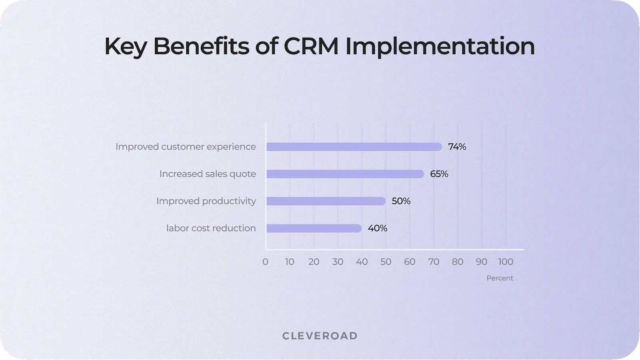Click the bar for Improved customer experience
[354, 147]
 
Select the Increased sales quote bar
[345, 174]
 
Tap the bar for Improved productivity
[326, 201]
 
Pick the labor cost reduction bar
[314, 229]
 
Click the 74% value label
[457, 147]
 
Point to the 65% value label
[439, 174]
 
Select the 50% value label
[401, 201]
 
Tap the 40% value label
[377, 229]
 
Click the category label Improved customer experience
[185, 147]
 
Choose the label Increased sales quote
[207, 174]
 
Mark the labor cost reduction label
[211, 229]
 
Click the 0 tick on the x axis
[265, 262]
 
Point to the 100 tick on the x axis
[506, 262]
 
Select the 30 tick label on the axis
[338, 262]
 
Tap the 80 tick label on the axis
[458, 262]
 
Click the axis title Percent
[500, 278]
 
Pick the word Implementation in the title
[440, 47]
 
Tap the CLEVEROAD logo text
[320, 336]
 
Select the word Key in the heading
[126, 47]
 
